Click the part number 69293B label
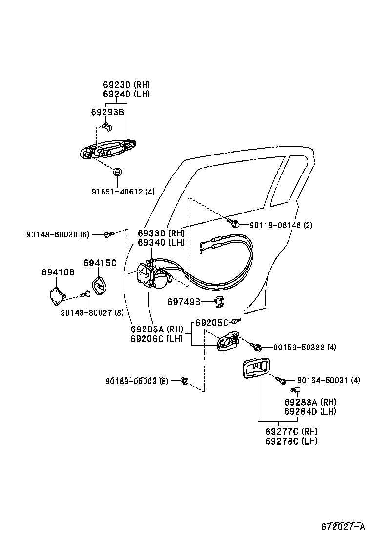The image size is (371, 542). coord(107,112)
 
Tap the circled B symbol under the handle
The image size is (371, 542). coord(117,172)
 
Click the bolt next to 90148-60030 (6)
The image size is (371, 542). coord(108,235)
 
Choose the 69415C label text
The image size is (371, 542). coord(100,263)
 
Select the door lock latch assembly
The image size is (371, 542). coord(152,277)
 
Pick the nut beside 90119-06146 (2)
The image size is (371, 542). coord(234,224)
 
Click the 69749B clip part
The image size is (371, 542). coord(219,302)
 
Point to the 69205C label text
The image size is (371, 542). coord(212,323)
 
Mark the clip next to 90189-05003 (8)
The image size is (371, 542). coord(184,381)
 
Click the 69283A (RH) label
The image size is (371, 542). coord(310,402)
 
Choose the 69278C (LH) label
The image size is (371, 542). coord(291,441)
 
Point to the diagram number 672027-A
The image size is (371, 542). coord(343,527)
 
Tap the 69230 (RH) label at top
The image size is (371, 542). coord(126,84)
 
